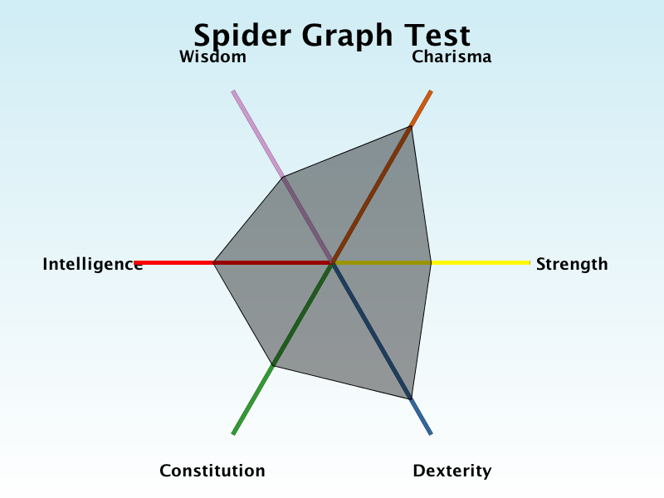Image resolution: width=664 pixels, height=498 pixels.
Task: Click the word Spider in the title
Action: coord(242,36)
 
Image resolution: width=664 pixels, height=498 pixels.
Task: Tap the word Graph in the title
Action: coord(347,36)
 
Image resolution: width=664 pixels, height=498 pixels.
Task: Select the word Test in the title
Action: coord(437,35)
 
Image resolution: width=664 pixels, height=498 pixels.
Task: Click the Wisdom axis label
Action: coord(212,56)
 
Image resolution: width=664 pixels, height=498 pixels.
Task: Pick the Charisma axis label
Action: coord(452,56)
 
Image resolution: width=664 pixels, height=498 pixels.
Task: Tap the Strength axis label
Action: coord(572,264)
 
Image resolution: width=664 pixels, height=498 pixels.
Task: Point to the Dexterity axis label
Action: coord(452,471)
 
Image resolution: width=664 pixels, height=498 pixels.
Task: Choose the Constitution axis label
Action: coord(212,471)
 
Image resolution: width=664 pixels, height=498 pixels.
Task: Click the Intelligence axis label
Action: coord(93,264)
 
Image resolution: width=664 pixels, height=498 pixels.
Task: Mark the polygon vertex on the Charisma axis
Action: coord(410,126)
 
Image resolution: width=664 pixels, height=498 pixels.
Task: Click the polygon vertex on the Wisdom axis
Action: coord(282,177)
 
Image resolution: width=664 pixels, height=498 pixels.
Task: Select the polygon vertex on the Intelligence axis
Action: coord(213,263)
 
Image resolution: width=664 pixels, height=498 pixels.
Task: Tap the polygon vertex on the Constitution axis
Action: coord(273,365)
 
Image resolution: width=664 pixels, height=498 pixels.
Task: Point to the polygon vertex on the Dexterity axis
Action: coord(410,399)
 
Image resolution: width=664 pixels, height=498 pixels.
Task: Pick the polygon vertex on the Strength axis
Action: coord(431,263)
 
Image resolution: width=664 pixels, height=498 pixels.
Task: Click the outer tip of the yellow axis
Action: coord(530,263)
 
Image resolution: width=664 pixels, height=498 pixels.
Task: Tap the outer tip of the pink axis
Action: coord(233,91)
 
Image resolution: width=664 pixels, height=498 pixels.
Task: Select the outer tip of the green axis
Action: coord(233,434)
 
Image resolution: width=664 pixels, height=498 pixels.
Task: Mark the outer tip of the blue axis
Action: coord(431,434)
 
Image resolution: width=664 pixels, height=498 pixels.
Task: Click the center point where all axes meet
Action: coord(333,263)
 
